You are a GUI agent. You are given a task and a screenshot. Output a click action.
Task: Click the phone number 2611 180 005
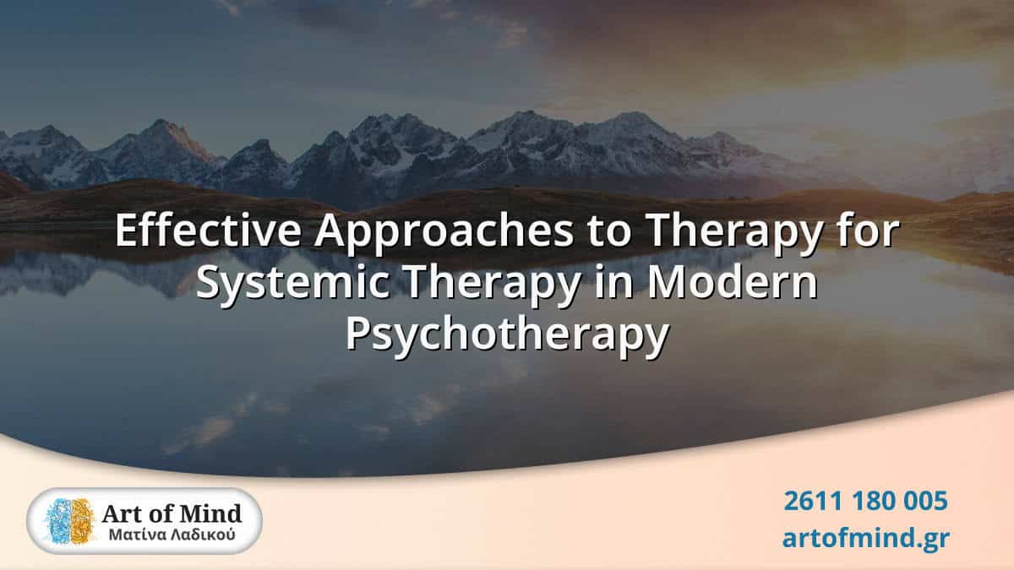865,502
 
